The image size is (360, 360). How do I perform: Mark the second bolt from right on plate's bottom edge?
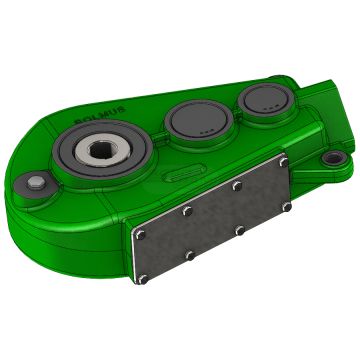click(237, 233)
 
